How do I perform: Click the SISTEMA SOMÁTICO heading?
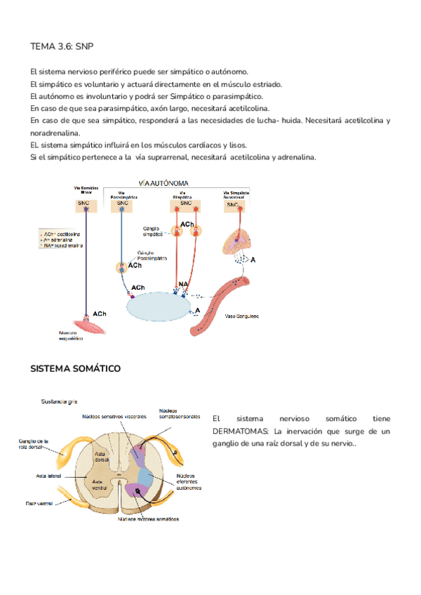point(76,368)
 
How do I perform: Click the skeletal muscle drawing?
point(88,324)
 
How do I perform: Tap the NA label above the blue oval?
point(183,285)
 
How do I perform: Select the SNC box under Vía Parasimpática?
point(124,203)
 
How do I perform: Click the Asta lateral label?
point(46,476)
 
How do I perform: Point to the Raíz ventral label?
point(40,503)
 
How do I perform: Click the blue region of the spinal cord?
point(146,476)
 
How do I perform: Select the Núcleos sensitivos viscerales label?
point(114,416)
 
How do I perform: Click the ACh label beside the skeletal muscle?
point(100,314)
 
